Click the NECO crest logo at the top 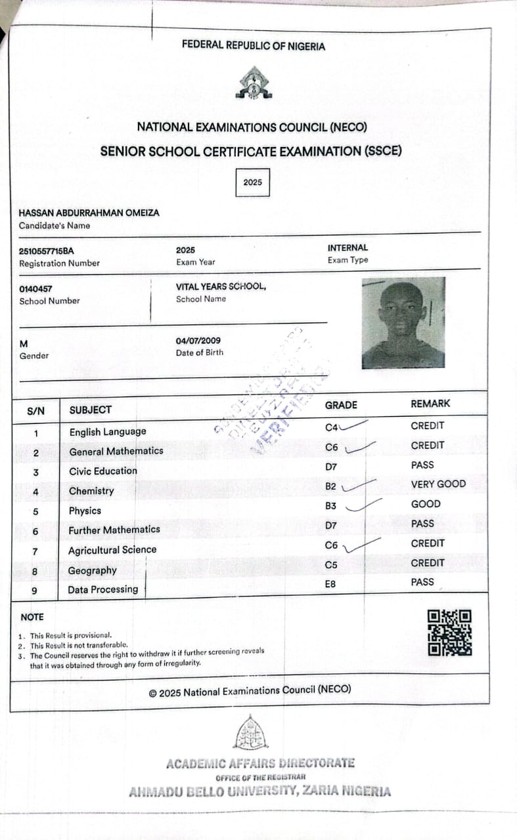254,83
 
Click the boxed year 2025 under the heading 252,182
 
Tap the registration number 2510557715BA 47,251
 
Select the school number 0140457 36,288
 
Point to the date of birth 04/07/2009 198,341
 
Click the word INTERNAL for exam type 348,247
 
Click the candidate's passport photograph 403,322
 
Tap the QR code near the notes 449,633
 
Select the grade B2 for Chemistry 331,486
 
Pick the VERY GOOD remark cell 438,484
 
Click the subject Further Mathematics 114,530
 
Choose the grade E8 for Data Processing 330,583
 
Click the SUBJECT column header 90,409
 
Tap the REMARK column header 430,404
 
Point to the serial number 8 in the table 35,572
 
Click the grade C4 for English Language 331,428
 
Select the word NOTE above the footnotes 32,617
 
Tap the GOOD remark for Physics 426,504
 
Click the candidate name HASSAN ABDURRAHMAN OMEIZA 89,213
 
